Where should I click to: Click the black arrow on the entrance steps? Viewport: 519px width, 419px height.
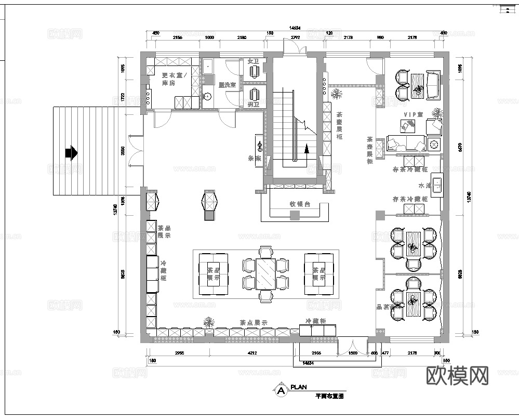[71, 153]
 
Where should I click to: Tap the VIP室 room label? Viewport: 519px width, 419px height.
[414, 114]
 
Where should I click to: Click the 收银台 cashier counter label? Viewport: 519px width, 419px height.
[300, 204]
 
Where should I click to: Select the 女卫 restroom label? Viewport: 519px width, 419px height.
[253, 61]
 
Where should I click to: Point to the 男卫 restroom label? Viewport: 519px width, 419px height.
[253, 106]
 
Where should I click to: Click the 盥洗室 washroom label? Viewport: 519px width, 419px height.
[227, 84]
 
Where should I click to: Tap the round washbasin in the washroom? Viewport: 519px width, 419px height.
[208, 96]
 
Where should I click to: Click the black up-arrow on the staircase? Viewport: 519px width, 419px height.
[307, 149]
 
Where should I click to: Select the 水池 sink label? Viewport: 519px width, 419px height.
[424, 186]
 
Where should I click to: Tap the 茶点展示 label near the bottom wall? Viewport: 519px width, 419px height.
[253, 323]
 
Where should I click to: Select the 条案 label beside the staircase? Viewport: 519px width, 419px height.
[254, 159]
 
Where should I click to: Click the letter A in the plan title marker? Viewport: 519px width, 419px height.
[281, 390]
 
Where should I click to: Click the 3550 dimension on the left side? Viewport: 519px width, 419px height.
[123, 151]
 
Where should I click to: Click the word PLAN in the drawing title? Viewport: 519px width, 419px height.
[299, 387]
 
